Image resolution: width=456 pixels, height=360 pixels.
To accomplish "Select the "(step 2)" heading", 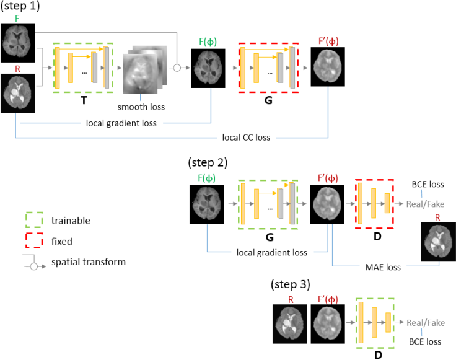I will pyautogui.click(x=208, y=164).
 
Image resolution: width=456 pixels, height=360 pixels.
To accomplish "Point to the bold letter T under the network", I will pyautogui.click(x=83, y=101).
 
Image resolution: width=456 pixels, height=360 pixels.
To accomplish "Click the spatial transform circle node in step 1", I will pyautogui.click(x=177, y=68).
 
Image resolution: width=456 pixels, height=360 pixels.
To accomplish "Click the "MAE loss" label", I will pyautogui.click(x=382, y=267).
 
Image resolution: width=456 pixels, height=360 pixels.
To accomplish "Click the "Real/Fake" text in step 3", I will pyautogui.click(x=426, y=323).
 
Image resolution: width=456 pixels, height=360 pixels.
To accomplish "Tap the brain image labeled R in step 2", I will pyautogui.click(x=438, y=242).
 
